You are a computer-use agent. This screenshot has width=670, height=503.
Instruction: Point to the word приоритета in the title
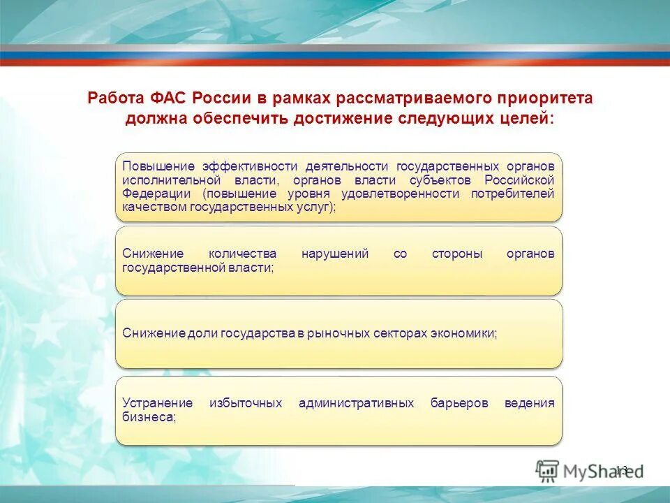point(546,98)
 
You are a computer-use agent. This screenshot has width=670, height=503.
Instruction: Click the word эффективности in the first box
point(251,166)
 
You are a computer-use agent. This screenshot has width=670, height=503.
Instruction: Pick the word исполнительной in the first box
point(165,180)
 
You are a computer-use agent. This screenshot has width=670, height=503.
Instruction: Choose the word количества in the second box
point(242,254)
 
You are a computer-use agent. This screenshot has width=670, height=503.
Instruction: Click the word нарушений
point(335,254)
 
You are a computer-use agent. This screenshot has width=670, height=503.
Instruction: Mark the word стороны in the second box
point(456,254)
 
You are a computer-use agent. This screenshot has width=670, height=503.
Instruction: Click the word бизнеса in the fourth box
point(148,416)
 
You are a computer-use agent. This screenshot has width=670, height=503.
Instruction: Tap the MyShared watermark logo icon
point(547,470)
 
